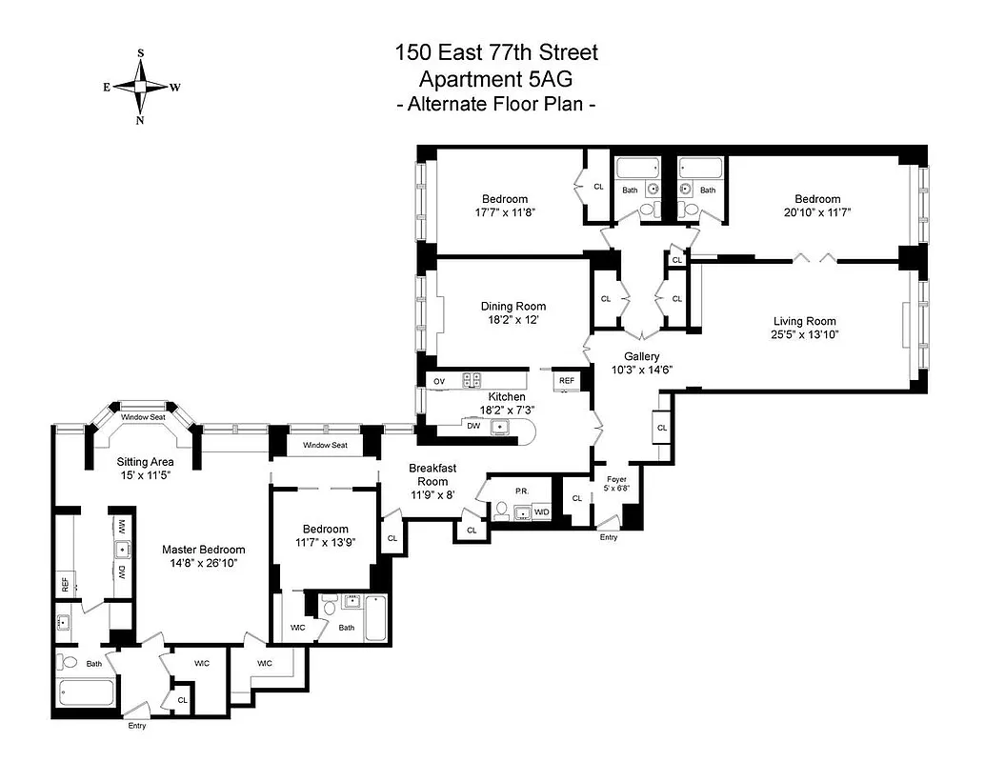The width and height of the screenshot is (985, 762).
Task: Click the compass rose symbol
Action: point(141,87)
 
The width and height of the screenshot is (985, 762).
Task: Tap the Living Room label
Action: point(803,321)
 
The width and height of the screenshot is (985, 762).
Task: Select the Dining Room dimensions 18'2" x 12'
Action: point(513,320)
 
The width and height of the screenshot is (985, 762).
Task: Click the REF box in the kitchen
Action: point(567,380)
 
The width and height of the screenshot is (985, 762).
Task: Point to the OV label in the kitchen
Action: point(439,381)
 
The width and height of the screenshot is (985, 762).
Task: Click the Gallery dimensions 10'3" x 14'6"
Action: point(642,370)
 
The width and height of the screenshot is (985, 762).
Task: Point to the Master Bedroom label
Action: point(203,550)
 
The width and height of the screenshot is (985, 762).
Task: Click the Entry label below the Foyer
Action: point(608,537)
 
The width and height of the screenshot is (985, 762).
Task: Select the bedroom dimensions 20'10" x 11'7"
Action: point(813,212)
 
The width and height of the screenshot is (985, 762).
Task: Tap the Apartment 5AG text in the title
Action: point(496,79)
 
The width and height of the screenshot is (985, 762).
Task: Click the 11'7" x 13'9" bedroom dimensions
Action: point(326,542)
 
